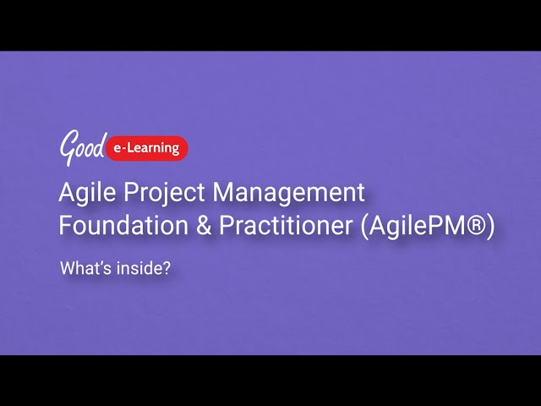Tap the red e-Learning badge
coord(145,148)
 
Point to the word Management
coord(288,193)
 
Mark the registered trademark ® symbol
coord(473,226)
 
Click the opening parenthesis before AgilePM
coord(361,227)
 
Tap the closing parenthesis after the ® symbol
coord(489,227)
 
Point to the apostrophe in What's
coord(97,265)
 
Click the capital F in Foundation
coord(65,226)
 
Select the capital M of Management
coord(223,193)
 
